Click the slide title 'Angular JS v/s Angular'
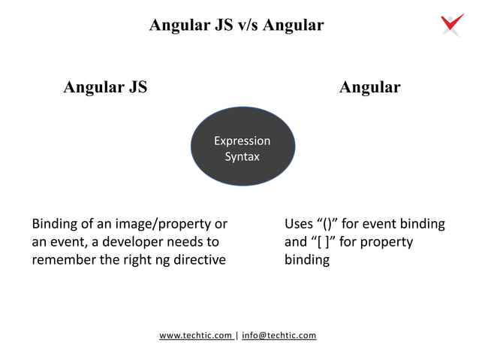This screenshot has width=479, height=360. tap(236, 26)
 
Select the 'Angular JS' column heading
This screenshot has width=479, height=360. tap(105, 87)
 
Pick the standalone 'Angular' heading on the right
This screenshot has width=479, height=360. tap(369, 87)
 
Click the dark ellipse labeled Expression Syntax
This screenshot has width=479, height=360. tap(242, 149)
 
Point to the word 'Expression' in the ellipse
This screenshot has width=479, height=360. tap(242, 141)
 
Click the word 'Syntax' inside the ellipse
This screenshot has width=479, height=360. tap(242, 157)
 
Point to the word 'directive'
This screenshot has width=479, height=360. tap(199, 260)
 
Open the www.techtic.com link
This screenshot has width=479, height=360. tap(195, 335)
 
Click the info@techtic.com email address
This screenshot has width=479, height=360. tap(279, 335)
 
